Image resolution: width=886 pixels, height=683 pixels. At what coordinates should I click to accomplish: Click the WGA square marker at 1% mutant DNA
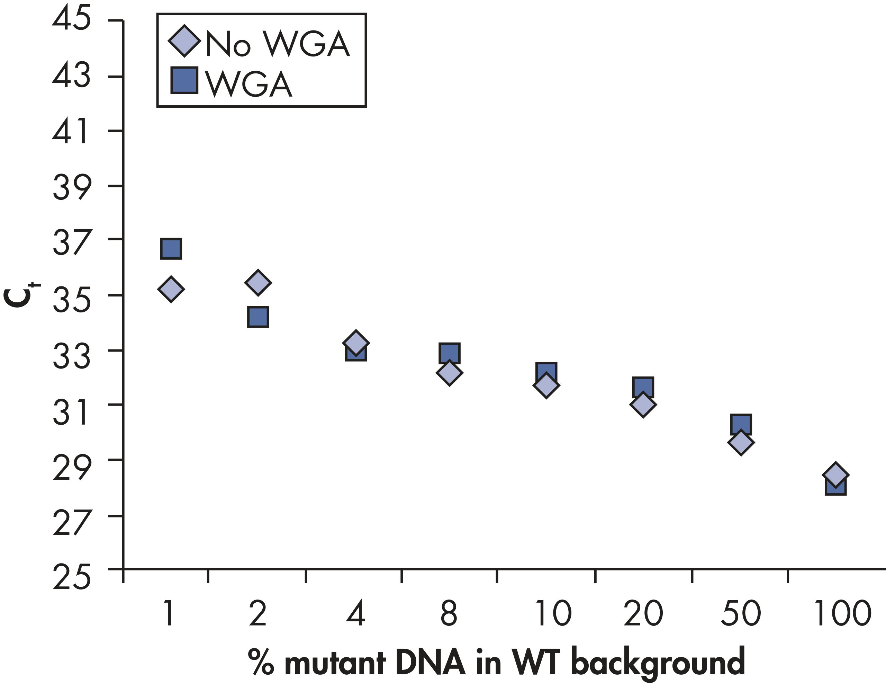click(x=171, y=249)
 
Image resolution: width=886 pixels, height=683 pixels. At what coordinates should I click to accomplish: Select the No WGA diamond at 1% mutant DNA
click(x=171, y=289)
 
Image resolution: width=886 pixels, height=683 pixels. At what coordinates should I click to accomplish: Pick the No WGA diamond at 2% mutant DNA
click(x=258, y=282)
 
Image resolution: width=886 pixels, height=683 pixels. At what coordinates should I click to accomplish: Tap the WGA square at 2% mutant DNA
click(x=258, y=317)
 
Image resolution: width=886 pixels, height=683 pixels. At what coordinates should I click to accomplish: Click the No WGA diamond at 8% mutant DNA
click(x=449, y=372)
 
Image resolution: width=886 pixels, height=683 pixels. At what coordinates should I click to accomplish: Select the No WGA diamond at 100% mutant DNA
click(x=835, y=474)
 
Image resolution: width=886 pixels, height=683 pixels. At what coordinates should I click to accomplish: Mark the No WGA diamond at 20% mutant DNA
click(x=643, y=404)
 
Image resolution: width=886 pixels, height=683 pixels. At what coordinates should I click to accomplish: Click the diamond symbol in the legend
click(x=184, y=41)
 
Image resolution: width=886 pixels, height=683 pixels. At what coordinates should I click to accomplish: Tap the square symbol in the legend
click(x=184, y=80)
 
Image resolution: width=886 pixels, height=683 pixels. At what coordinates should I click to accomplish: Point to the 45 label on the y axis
click(x=71, y=19)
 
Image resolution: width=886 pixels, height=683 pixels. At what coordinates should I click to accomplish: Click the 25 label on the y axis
click(x=71, y=577)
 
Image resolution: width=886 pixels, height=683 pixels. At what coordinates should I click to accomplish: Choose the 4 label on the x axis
click(x=356, y=613)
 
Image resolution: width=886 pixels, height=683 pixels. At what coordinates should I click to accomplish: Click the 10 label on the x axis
click(x=553, y=613)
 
